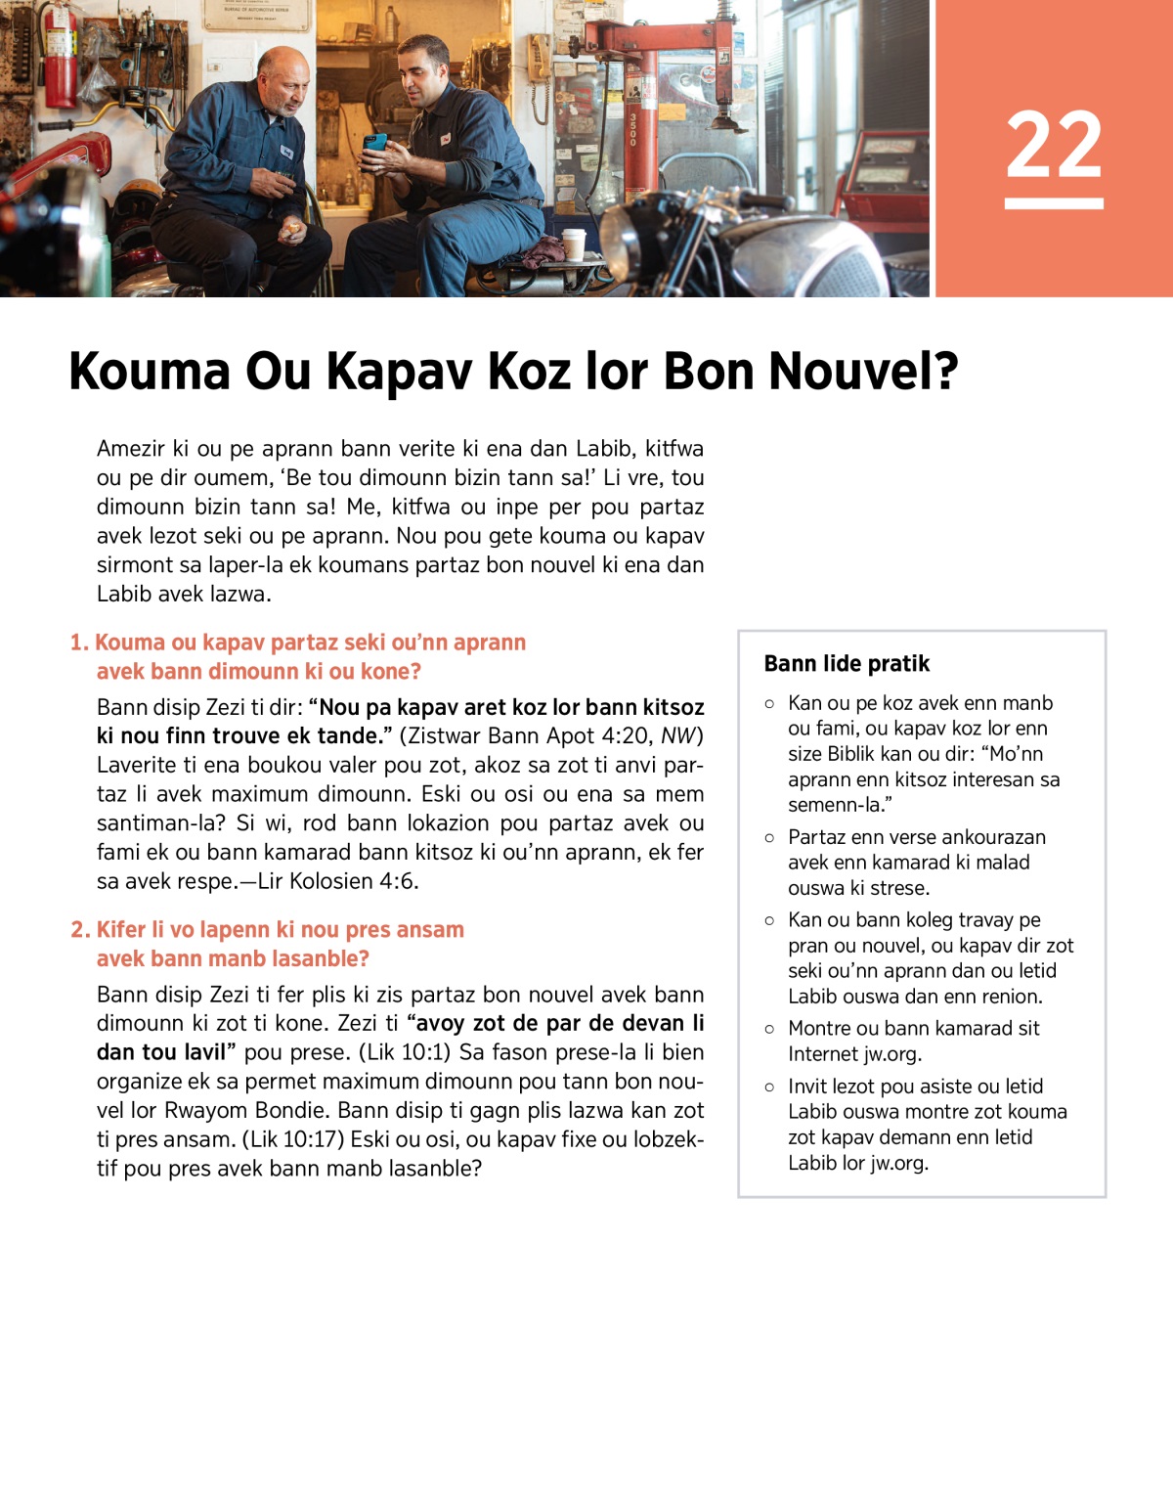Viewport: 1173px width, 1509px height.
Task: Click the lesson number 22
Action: pyautogui.click(x=1054, y=144)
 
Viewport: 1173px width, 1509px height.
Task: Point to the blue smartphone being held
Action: pyautogui.click(x=374, y=144)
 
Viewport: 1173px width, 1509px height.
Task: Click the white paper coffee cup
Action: pyautogui.click(x=574, y=244)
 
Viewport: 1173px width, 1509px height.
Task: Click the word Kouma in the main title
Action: pyautogui.click(x=150, y=372)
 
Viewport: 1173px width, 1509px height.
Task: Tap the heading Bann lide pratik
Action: pyautogui.click(x=847, y=664)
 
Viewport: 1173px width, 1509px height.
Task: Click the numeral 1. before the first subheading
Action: pyautogui.click(x=79, y=643)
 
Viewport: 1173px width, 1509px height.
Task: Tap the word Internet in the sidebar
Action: pyautogui.click(x=823, y=1054)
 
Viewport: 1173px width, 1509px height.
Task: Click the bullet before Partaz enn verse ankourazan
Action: pyautogui.click(x=769, y=838)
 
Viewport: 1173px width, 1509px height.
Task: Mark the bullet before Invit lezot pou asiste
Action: pyautogui.click(x=769, y=1087)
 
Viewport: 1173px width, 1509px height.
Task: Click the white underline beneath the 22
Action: pyautogui.click(x=1054, y=203)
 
